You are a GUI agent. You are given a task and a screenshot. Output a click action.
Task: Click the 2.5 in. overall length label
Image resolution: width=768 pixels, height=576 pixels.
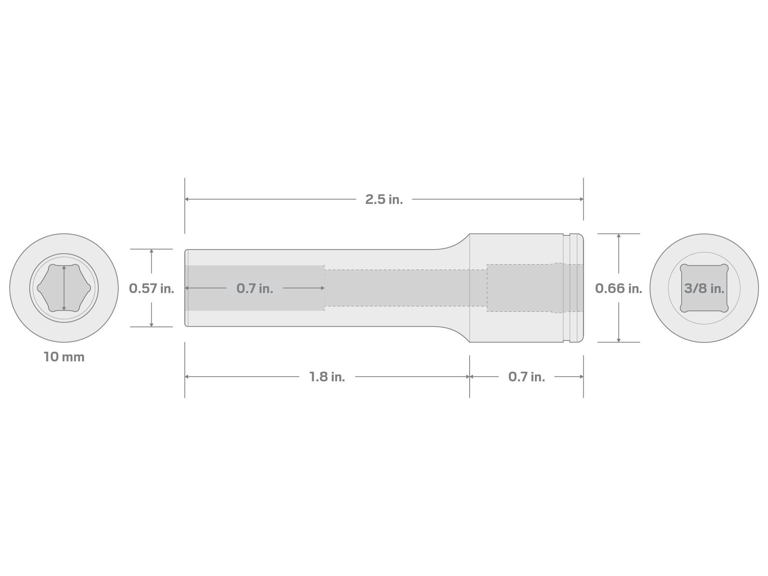click(x=384, y=199)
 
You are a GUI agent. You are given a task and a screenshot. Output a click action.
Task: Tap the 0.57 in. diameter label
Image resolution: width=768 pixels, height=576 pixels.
click(x=151, y=288)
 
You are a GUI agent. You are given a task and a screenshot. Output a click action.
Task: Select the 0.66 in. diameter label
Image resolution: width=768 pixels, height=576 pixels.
click(x=619, y=288)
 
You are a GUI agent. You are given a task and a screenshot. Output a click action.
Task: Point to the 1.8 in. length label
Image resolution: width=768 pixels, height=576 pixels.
click(x=327, y=377)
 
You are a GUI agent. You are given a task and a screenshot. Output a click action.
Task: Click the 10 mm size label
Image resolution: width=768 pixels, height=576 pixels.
click(x=64, y=357)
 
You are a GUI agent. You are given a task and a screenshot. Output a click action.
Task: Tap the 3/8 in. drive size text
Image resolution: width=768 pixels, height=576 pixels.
click(x=704, y=288)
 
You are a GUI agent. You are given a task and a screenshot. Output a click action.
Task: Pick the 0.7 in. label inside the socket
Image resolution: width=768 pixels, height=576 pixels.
click(x=255, y=288)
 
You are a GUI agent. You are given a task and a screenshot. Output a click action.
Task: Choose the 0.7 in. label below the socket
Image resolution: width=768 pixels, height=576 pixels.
click(x=526, y=377)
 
